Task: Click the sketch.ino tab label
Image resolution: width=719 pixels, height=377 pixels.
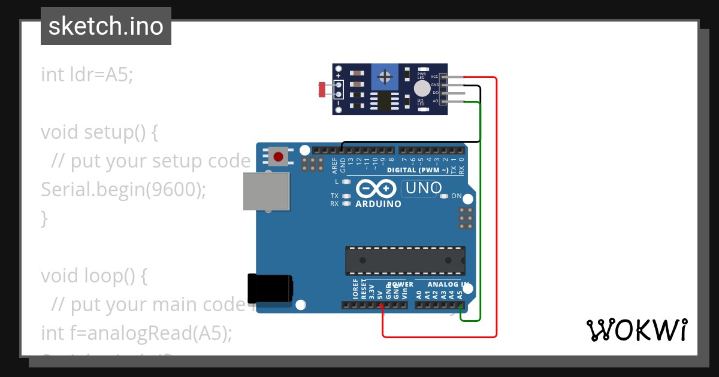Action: (105, 26)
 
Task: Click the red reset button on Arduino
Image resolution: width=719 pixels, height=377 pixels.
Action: (278, 157)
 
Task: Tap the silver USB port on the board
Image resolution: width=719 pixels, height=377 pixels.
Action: (266, 191)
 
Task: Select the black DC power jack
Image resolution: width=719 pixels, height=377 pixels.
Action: (270, 289)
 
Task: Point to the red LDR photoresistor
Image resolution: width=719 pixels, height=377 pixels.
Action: (322, 90)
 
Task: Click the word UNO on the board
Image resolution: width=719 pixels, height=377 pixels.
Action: (424, 188)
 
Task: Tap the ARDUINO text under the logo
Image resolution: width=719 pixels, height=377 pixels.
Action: (378, 203)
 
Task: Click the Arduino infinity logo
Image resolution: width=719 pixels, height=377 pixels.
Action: (376, 189)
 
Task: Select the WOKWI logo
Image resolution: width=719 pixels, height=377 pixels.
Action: (636, 330)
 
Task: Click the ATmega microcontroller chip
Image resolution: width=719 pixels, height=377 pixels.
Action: (404, 260)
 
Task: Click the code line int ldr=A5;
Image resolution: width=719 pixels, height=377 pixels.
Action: (87, 75)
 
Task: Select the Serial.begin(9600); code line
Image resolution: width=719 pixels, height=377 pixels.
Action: (123, 190)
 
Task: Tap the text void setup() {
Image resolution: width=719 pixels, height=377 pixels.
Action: (99, 132)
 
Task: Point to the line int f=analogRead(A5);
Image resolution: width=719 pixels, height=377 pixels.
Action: (136, 333)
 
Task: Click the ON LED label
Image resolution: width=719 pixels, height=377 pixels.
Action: (456, 196)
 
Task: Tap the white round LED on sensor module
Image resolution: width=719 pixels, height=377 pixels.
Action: (422, 89)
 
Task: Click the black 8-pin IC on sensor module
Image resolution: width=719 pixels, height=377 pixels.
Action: (384, 102)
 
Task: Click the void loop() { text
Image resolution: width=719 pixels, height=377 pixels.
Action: (93, 276)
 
